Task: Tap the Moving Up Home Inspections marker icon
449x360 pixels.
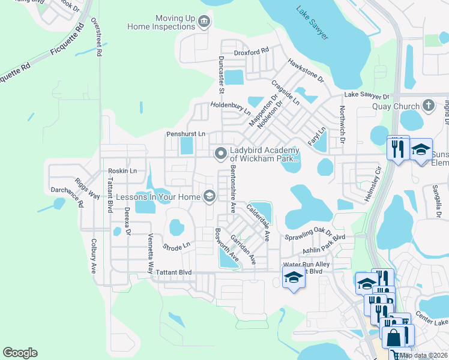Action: click(x=203, y=22)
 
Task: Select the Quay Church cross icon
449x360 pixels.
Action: click(x=427, y=106)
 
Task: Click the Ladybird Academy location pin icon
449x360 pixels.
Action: click(x=221, y=154)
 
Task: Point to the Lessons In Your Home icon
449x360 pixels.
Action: click(x=209, y=196)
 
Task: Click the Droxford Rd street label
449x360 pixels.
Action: click(x=251, y=52)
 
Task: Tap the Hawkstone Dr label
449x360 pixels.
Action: click(x=305, y=71)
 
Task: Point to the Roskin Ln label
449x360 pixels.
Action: click(x=122, y=170)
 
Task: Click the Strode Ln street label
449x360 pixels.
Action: click(x=177, y=245)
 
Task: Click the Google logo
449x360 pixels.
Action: click(x=20, y=353)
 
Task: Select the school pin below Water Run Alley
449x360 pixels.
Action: click(x=293, y=278)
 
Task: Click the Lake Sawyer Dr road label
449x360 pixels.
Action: click(x=367, y=96)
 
